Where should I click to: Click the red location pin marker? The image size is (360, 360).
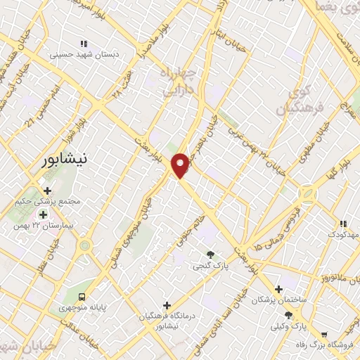coord(182,165)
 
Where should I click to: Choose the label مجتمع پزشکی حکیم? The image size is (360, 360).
coord(47,202)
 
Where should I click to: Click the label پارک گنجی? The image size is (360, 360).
coord(210,266)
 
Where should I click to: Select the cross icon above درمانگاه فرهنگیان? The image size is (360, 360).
coord(167,304)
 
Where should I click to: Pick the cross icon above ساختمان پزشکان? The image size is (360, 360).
coord(279,288)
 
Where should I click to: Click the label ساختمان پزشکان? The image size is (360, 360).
coord(279,300)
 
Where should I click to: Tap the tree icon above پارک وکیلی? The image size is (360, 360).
coord(288,314)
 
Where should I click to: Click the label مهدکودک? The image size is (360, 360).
coord(343,233)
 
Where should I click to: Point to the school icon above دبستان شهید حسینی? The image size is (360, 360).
coord(84,43)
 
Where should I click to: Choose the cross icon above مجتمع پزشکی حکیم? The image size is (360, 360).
coord(47,191)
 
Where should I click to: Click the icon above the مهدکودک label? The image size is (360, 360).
coord(343,223)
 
